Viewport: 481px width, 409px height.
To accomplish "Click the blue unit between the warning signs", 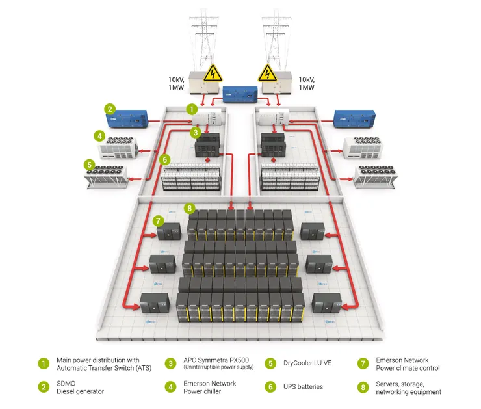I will [x=239, y=95].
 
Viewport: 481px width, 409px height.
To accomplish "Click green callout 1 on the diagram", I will [x=191, y=109].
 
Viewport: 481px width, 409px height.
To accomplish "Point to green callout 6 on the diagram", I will [x=165, y=159].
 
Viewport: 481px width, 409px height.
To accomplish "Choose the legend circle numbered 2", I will [x=44, y=387].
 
